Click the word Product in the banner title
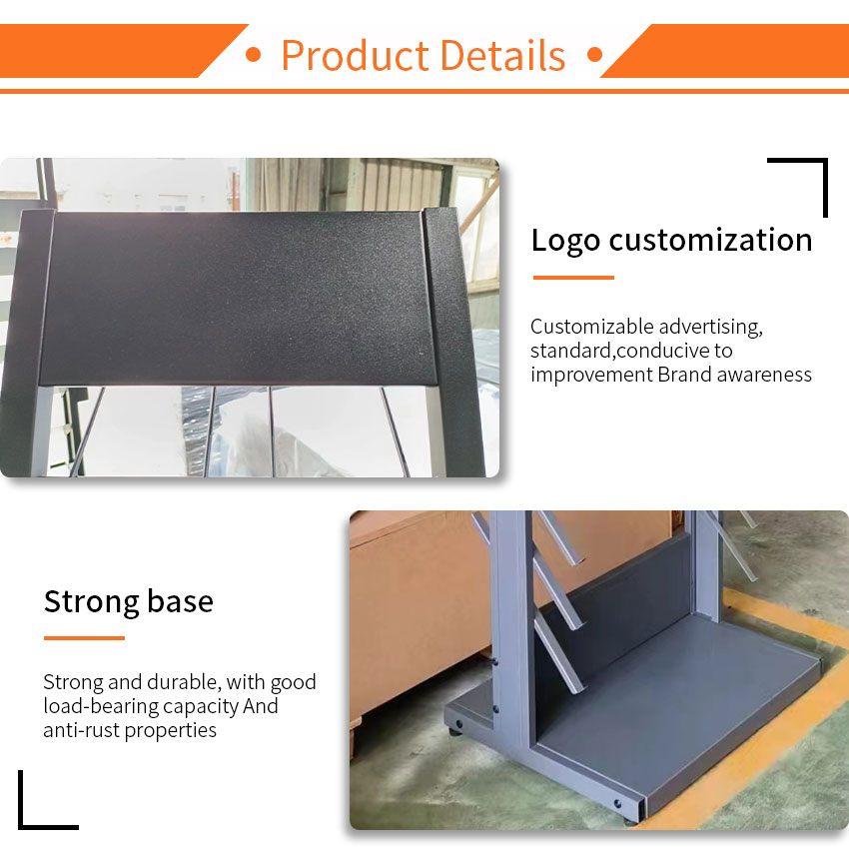click(x=356, y=55)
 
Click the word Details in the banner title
click(x=503, y=55)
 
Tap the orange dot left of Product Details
click(x=253, y=55)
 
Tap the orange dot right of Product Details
click(x=594, y=55)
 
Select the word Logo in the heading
click(x=565, y=241)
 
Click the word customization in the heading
click(x=710, y=240)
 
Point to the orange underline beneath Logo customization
click(x=573, y=278)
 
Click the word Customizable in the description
click(x=592, y=327)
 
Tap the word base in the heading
click(x=181, y=601)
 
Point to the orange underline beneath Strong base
click(x=84, y=638)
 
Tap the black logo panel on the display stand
click(x=239, y=298)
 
